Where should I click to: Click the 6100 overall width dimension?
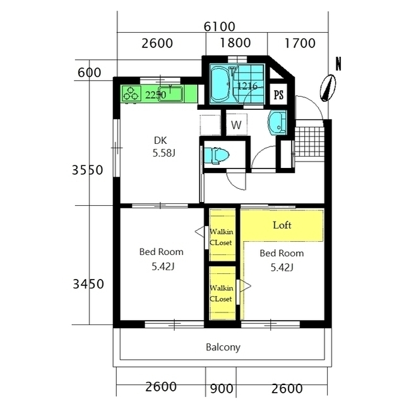(220, 27)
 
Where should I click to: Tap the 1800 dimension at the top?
(235, 43)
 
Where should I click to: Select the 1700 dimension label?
(300, 43)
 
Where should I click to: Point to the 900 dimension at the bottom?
(222, 389)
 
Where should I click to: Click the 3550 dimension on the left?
(87, 170)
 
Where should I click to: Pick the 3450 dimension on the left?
(88, 284)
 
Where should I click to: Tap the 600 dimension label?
(89, 73)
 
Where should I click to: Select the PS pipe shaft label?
(278, 95)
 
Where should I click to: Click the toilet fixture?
(217, 155)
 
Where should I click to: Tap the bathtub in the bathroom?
(220, 85)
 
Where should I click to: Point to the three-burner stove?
(131, 93)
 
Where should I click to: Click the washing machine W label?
(236, 125)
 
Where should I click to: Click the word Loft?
(282, 225)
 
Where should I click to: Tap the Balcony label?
(223, 347)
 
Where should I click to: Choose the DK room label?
(160, 140)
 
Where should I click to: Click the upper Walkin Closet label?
(222, 237)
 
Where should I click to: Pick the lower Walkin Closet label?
(222, 294)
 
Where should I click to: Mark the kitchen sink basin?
(170, 94)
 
